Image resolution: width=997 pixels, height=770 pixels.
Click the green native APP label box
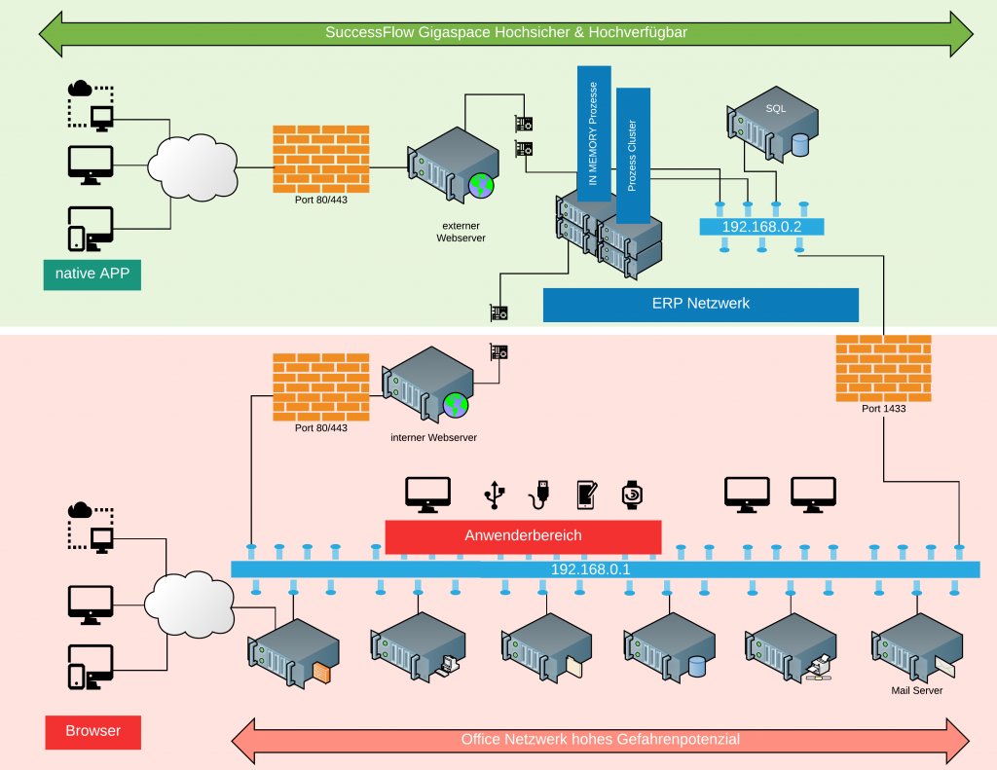click(92, 275)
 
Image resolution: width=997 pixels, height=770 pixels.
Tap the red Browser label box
click(92, 732)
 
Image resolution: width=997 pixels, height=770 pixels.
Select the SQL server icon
click(772, 125)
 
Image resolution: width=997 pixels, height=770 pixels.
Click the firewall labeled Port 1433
click(883, 369)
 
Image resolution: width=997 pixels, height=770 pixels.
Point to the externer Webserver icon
click(454, 165)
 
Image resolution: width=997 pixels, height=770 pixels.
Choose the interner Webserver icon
click(428, 385)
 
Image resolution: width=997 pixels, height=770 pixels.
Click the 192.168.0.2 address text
click(761, 227)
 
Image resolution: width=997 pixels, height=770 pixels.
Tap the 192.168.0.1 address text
click(591, 569)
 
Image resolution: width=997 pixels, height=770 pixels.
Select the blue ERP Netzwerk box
click(701, 305)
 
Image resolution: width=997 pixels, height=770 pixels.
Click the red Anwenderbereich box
click(523, 536)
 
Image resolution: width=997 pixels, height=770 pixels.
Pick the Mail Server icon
click(917, 649)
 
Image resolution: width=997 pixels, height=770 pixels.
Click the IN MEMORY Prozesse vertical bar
click(594, 133)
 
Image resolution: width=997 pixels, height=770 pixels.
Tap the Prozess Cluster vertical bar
click(633, 156)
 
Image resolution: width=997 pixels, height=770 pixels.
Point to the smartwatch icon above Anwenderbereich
click(631, 495)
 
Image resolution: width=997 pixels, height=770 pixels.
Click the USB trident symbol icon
click(495, 495)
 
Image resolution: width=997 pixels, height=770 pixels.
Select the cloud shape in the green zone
click(193, 167)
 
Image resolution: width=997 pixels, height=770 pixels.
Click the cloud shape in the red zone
click(189, 604)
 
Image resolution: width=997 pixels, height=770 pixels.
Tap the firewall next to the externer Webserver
click(321, 159)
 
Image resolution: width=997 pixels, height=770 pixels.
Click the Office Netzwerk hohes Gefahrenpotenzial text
click(600, 740)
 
